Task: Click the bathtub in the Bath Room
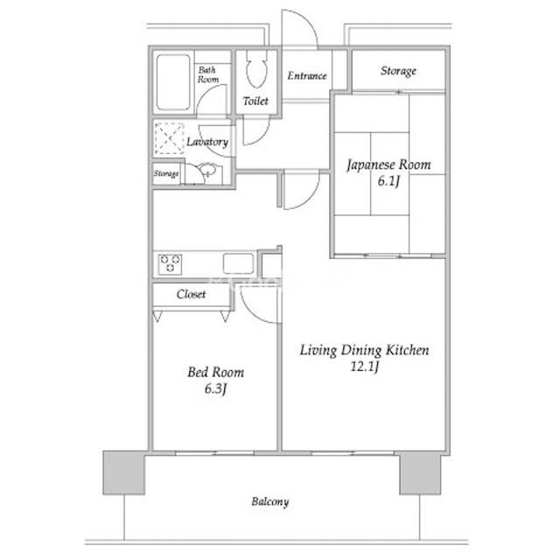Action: coord(173,82)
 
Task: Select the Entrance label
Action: coord(307,76)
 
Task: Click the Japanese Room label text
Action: coord(388,165)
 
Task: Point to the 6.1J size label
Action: coord(388,181)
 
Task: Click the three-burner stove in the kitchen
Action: coord(170,264)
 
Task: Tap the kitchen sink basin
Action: coord(238,263)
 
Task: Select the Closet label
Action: coord(191,294)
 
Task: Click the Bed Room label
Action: coord(216,373)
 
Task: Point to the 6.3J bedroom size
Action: coord(216,388)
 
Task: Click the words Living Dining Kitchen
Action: coord(364,350)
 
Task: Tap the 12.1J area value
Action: coord(364,367)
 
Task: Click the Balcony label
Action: coord(270,501)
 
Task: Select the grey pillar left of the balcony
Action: coord(124,472)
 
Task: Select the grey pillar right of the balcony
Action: coord(420,473)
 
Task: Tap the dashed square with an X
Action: coord(169,138)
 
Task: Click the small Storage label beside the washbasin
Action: coord(166,173)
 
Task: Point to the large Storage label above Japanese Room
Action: coord(398,71)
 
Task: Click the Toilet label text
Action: coord(255,101)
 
